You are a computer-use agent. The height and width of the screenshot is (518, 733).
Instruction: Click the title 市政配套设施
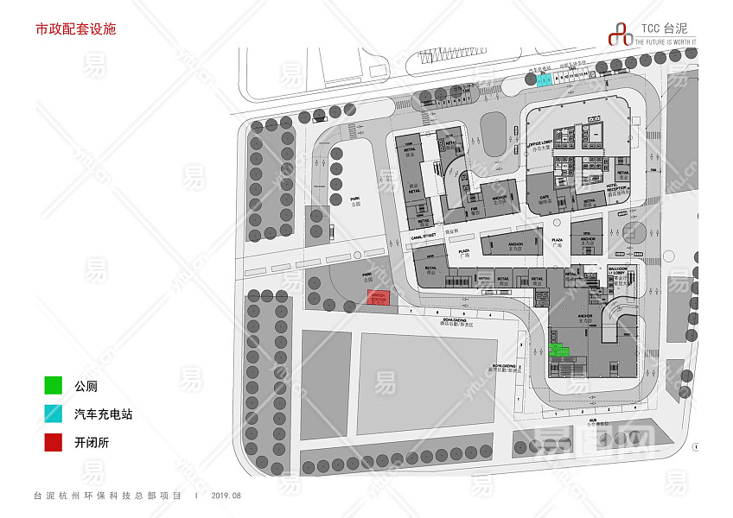(x=75, y=28)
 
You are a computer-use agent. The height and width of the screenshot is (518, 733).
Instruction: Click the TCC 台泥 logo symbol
(x=620, y=33)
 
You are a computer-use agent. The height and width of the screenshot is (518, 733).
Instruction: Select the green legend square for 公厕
(x=54, y=386)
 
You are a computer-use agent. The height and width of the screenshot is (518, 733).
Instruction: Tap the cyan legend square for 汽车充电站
(x=54, y=414)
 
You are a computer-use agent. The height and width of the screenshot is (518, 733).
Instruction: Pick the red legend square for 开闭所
(x=54, y=443)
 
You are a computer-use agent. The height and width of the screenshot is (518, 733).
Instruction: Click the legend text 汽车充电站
(x=103, y=414)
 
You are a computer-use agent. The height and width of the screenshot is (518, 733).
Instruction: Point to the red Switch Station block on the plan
(x=379, y=298)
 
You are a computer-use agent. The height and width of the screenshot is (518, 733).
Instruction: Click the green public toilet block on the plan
(x=558, y=350)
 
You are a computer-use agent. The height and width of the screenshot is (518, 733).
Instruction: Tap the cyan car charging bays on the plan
(x=544, y=80)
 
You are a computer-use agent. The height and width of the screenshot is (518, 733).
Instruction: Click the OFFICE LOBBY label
(x=541, y=146)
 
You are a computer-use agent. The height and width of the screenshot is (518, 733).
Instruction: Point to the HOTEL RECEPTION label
(x=615, y=190)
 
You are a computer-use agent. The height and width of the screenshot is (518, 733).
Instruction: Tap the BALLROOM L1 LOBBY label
(x=618, y=271)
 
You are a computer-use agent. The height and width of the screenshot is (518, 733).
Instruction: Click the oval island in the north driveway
(x=494, y=134)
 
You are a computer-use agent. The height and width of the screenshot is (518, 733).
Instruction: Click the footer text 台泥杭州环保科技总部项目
(x=107, y=496)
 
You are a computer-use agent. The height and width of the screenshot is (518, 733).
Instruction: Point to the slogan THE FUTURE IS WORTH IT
(x=666, y=41)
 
